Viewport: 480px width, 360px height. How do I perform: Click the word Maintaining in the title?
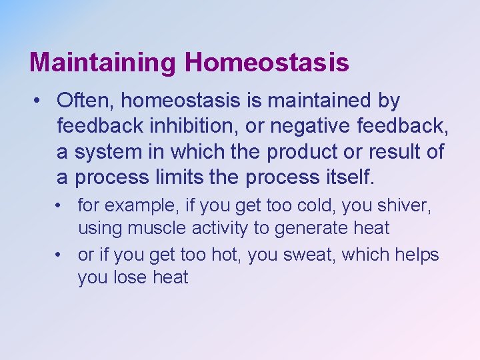[103, 63]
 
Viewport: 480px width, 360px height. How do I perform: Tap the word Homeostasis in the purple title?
[267, 63]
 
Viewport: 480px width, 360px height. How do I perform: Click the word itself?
[349, 178]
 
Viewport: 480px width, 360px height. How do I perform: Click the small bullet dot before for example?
[61, 206]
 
